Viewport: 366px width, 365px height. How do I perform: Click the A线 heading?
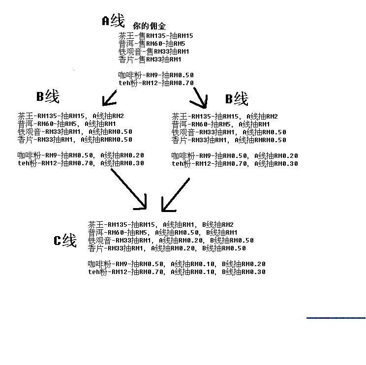tap(114, 21)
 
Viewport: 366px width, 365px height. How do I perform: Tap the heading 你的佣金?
tap(150, 26)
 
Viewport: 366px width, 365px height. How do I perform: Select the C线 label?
tap(65, 240)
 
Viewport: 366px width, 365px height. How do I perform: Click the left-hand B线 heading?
tap(48, 96)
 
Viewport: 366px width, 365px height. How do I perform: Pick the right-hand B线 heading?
tap(237, 98)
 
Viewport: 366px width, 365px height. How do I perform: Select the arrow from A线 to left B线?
tap(110, 98)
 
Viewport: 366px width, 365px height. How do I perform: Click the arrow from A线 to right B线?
tap(199, 98)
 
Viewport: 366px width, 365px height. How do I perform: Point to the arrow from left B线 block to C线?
tap(128, 189)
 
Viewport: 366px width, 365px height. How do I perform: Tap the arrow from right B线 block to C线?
tap(176, 195)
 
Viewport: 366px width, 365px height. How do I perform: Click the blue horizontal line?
tap(336, 318)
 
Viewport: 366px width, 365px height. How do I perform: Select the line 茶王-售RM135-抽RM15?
tap(155, 36)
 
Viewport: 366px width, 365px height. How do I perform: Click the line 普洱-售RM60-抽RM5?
tap(152, 44)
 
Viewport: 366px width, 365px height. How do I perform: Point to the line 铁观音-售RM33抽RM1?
tap(153, 51)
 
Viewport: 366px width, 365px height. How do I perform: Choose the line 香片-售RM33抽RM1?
tap(150, 60)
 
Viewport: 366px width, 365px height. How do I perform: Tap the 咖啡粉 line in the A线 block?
tap(156, 75)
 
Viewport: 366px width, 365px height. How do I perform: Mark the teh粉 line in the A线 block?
tap(156, 83)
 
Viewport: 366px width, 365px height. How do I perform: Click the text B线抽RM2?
tap(218, 224)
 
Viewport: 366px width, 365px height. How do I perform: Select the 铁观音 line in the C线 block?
tap(171, 240)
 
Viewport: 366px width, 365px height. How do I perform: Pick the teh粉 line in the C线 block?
tap(177, 272)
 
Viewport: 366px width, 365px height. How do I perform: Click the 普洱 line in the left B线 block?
tap(66, 123)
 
